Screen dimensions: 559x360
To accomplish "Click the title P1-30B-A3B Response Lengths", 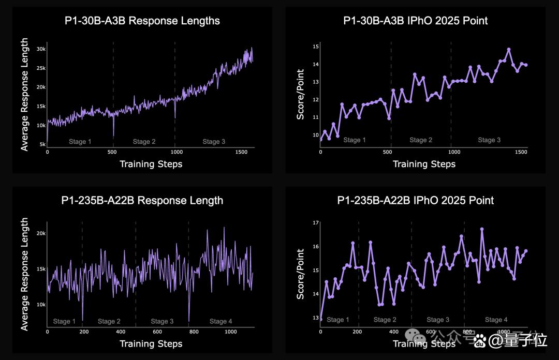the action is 142,21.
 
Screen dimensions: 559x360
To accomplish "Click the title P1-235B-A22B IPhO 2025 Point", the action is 415,200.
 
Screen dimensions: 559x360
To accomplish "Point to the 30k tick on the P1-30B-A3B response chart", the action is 41,49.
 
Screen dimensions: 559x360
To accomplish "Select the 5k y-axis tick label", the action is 42,144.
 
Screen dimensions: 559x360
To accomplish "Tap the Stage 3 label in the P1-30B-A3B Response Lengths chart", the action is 214,142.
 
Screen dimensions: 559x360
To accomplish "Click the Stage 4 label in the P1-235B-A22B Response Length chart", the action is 220,321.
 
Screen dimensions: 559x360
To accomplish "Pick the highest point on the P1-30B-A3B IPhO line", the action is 509,50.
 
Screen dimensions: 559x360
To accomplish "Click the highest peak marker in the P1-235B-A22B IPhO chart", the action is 482,229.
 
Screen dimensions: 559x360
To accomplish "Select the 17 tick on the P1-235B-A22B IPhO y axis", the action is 316,223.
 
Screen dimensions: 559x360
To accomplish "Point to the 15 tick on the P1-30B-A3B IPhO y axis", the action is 316,47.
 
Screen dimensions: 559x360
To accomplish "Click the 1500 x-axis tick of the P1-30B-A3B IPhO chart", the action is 521,152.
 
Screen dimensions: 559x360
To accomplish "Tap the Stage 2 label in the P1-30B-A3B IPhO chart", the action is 421,140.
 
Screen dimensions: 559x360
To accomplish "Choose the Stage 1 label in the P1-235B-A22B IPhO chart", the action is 337,320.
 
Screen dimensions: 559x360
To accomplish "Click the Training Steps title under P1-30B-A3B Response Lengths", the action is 151,164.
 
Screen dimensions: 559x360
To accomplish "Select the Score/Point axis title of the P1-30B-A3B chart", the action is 301,95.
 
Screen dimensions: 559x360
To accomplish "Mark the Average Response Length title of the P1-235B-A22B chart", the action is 24,274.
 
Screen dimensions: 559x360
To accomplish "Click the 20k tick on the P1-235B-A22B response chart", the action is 41,233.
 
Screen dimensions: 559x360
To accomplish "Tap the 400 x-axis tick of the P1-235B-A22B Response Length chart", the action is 121,332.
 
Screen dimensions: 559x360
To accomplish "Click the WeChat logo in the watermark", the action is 414,335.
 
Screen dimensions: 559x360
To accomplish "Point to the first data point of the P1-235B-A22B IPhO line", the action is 320,319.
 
